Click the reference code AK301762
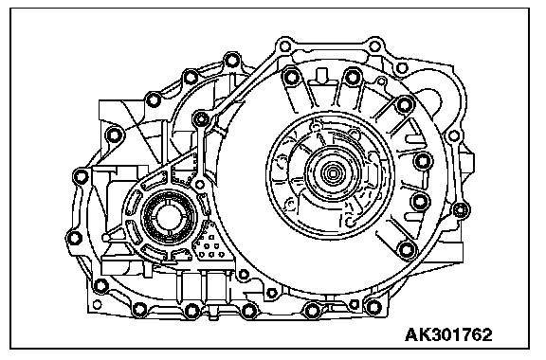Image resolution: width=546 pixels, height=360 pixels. click(448, 335)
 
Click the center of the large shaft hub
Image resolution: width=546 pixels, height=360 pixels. click(330, 172)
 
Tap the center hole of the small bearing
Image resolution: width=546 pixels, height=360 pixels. click(168, 217)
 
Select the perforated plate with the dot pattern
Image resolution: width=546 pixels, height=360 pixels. click(209, 243)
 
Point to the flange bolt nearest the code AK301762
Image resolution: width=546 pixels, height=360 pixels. click(373, 307)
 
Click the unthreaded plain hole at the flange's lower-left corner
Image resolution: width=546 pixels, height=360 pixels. click(97, 304)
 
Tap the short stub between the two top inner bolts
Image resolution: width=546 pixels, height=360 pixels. click(321, 75)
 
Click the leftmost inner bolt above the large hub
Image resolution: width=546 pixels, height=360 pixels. click(290, 77)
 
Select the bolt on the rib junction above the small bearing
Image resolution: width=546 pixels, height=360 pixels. click(201, 119)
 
